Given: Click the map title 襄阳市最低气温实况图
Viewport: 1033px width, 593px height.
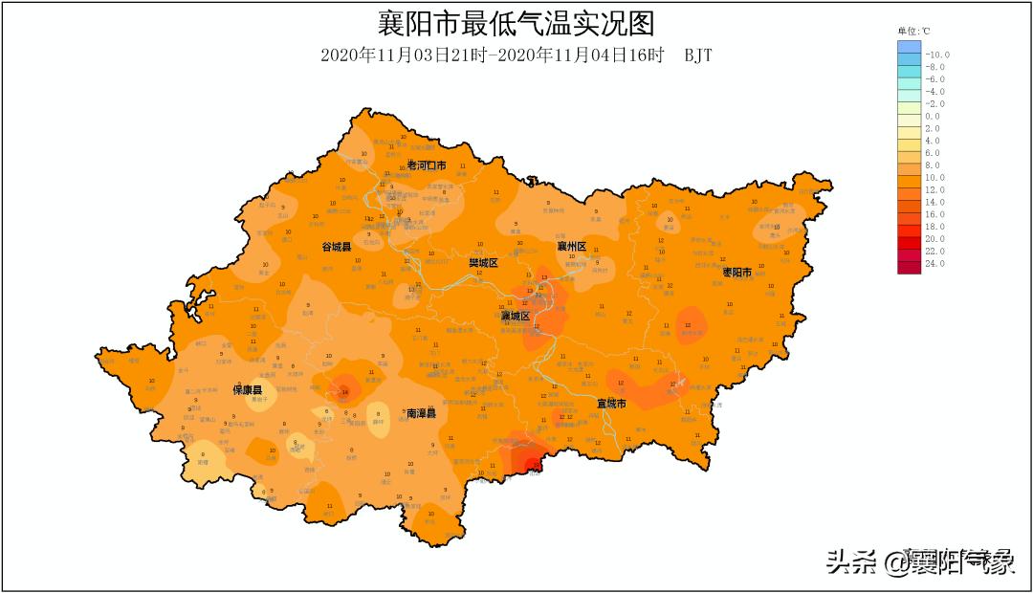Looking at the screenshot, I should coord(516,23).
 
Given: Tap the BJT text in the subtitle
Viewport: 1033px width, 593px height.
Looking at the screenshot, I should coord(698,55).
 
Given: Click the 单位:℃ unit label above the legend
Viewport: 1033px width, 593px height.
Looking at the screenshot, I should coord(913,32).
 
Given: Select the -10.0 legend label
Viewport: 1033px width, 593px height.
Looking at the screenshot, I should coord(937,55).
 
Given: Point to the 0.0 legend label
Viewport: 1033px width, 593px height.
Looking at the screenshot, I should coord(933,116).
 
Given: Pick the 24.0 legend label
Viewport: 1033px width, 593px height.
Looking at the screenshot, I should coord(934,263).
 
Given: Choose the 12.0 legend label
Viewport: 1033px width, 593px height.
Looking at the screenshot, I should coord(934,189).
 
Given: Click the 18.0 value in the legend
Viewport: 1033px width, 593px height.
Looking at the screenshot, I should coord(934,227).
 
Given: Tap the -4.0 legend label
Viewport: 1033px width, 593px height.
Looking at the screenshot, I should coord(935,92).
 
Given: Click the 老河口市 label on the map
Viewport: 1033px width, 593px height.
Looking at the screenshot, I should coord(427,166).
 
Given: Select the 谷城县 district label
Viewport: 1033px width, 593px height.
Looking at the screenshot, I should coord(336,247).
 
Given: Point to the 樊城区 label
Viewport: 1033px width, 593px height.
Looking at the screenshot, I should coord(483,262).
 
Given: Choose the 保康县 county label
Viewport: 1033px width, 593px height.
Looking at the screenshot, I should coord(248,390).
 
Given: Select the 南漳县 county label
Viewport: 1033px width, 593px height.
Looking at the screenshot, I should coord(421,413).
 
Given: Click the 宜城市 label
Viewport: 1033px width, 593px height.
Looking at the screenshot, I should coord(611,404).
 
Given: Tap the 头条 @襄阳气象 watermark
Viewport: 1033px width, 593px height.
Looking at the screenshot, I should coord(919,560).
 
